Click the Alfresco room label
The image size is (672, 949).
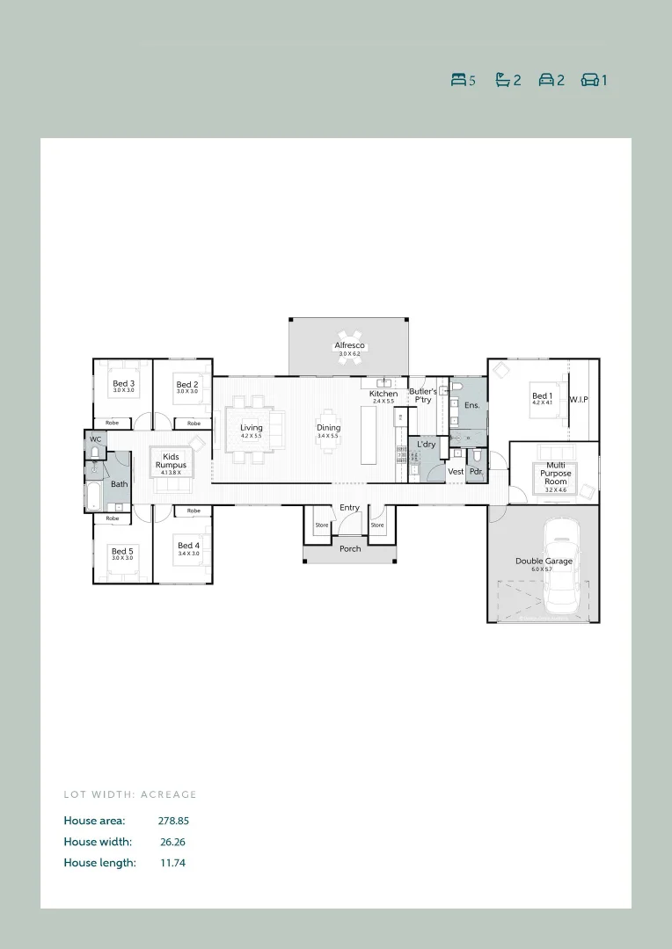349,346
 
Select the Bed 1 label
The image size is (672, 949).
543,396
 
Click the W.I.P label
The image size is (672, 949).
578,400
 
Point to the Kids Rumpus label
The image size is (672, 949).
171,460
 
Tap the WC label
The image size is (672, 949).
95,438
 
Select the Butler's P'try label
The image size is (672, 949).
423,395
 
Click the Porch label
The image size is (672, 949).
350,549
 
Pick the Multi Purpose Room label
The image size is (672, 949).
556,474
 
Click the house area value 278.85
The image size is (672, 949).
173,821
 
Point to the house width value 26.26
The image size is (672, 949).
172,842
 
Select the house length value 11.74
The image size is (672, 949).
172,863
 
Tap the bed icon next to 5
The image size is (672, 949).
457,80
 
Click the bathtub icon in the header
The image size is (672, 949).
502,80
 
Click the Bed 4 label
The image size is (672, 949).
188,546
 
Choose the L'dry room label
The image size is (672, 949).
427,445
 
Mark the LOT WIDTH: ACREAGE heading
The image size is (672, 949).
130,794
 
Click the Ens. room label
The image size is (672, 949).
472,406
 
